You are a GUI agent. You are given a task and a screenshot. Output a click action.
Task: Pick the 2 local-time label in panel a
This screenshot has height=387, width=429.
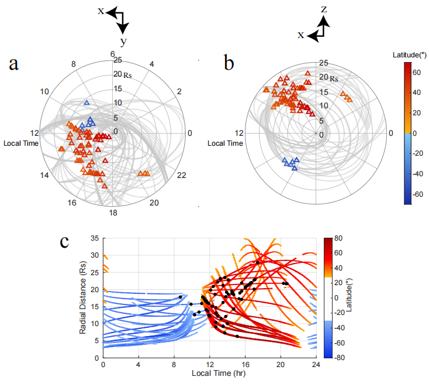click(x=179, y=91)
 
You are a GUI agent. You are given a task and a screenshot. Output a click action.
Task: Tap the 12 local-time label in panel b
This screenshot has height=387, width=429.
click(x=238, y=133)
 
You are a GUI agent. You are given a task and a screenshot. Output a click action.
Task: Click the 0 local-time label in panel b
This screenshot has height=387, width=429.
click(x=392, y=133)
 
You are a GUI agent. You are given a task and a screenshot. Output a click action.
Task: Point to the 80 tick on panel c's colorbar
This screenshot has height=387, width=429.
click(x=330, y=239)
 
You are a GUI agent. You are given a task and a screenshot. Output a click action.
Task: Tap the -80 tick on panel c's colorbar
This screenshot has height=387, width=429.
click(x=331, y=357)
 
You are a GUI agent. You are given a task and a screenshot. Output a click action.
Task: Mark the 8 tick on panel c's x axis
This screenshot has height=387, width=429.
click(x=174, y=366)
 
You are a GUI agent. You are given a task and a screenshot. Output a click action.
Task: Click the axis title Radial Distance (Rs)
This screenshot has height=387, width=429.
click(x=84, y=298)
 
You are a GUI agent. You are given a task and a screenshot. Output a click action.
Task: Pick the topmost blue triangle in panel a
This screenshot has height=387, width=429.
click(x=87, y=103)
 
